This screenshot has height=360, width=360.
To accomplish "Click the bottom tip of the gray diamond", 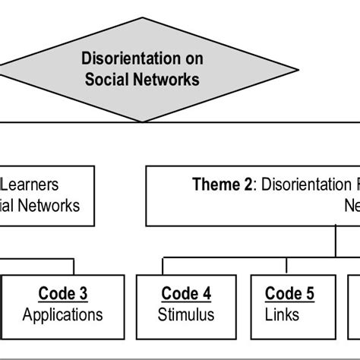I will point(142,120).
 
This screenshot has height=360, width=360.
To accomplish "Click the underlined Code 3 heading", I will point(63,294).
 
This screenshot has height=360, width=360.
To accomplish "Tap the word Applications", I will point(63,314).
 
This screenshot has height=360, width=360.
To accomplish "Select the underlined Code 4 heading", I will point(186,294).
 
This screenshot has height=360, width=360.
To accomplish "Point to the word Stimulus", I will point(186,314).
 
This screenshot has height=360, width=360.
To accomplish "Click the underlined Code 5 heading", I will point(289,294).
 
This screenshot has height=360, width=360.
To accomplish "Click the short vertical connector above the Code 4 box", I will point(161,267).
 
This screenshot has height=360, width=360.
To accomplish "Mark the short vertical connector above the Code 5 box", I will point(286,267).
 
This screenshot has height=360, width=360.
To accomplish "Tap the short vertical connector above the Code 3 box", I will point(74,267).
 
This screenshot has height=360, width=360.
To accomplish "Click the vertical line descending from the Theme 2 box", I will point(335,242).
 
